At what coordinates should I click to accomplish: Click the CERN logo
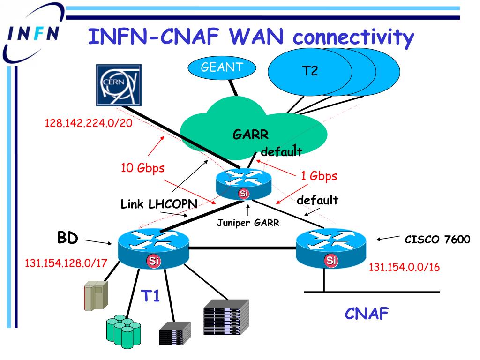119,85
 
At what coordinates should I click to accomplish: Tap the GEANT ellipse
222,67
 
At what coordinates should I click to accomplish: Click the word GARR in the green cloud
251,135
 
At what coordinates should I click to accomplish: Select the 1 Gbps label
318,177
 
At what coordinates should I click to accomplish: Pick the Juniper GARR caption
248,223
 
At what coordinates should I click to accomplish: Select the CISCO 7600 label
437,240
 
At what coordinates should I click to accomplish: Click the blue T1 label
152,296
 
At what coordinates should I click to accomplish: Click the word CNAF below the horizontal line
367,314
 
